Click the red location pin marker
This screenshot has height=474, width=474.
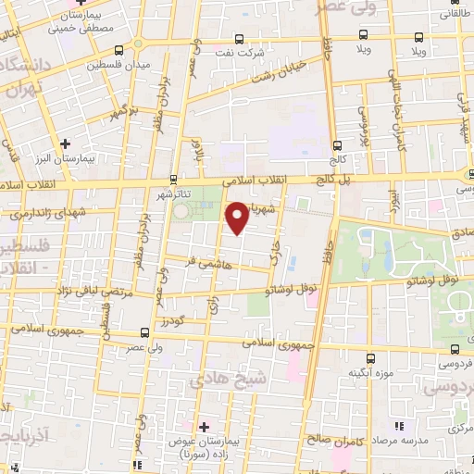[238, 218]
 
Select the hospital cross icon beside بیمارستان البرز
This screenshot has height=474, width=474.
[65, 143]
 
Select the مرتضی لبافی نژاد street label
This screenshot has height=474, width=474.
[55, 292]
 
